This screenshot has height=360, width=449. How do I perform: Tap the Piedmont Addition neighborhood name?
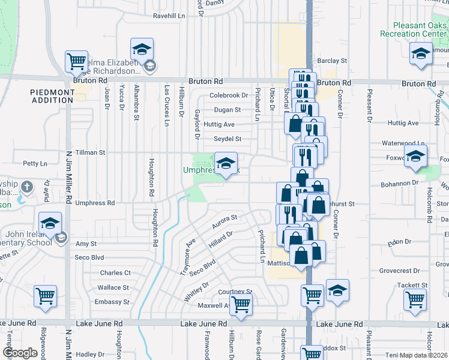click(x=52, y=96)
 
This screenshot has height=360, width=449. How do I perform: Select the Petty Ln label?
click(x=35, y=163)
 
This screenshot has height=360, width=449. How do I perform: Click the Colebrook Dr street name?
click(x=228, y=95)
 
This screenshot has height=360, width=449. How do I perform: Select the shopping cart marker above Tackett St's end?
click(x=415, y=299)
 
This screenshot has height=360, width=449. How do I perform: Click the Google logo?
click(x=20, y=353)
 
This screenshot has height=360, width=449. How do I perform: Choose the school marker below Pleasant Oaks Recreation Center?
click(x=421, y=54)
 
